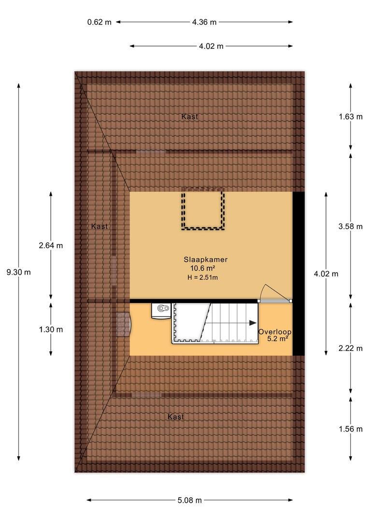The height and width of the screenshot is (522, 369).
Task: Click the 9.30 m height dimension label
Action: pyautogui.click(x=19, y=272)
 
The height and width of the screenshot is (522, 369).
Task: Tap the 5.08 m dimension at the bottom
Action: pyautogui.click(x=190, y=500)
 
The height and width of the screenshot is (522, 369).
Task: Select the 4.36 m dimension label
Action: pyautogui.click(x=204, y=22)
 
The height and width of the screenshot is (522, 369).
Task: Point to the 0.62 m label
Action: pyautogui.click(x=99, y=22)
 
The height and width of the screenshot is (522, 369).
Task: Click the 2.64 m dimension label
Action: pyautogui.click(x=51, y=246)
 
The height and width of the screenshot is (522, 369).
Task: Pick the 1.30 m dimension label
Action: pyautogui.click(x=51, y=330)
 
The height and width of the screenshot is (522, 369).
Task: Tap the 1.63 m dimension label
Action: pyautogui.click(x=351, y=117)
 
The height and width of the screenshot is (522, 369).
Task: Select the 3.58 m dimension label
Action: pyautogui.click(x=351, y=227)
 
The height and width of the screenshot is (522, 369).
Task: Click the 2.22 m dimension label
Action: pyautogui.click(x=351, y=348)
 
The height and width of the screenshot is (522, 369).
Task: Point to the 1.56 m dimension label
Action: pyautogui.click(x=351, y=429)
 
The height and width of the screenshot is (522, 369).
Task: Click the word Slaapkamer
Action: pyautogui.click(x=206, y=260)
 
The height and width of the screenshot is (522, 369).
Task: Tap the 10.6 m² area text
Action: pyautogui.click(x=202, y=268)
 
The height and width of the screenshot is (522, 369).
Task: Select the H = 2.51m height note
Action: pyautogui.click(x=203, y=277)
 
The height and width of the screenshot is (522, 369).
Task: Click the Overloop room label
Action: pyautogui.click(x=275, y=332)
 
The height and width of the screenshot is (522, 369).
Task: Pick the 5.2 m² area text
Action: pyautogui.click(x=278, y=339)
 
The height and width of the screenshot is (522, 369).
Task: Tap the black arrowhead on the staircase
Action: pyautogui.click(x=253, y=322)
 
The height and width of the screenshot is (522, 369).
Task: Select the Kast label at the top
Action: pyautogui.click(x=190, y=116)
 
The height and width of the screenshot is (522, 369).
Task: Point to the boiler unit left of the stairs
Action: pyautogui.click(x=161, y=311)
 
